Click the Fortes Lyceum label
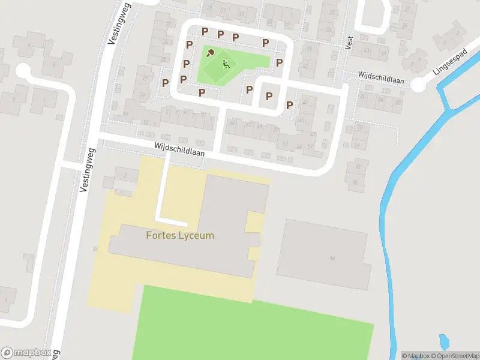pyautogui.click(x=180, y=235)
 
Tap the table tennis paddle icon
pyautogui.click(x=210, y=53)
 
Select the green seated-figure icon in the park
pyautogui.click(x=226, y=65)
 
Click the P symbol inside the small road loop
pyautogui.click(x=269, y=95)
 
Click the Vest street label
pyautogui.click(x=349, y=41)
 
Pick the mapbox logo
pyautogui.click(x=26, y=352)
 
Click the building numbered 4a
pyautogui.click(x=324, y=254)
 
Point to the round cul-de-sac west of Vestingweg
pyautogui.click(x=23, y=71)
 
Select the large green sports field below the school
pyautogui.click(x=252, y=324)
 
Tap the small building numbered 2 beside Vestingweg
pyautogui.click(x=125, y=175)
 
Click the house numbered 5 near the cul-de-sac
pyautogui.click(x=54, y=65)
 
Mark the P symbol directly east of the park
pyautogui.click(x=279, y=62)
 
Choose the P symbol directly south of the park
pyautogui.click(x=202, y=92)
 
